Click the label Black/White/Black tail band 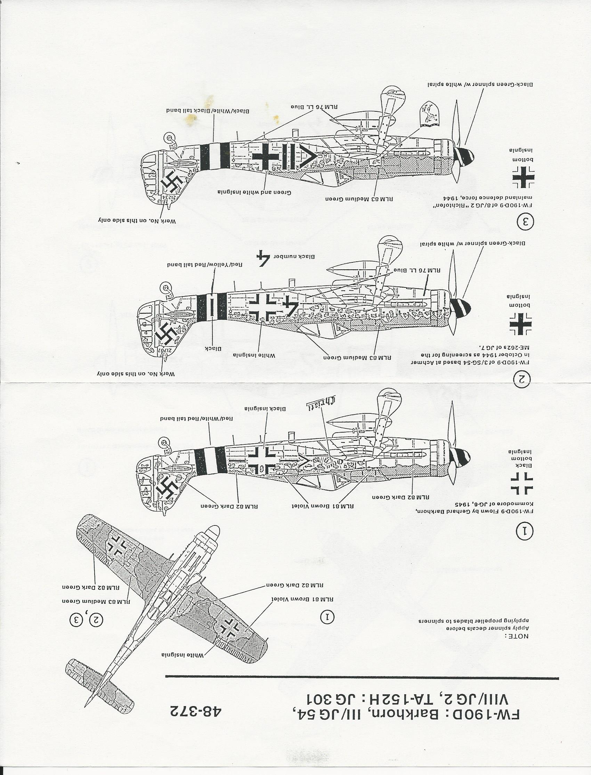tap(208, 111)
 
